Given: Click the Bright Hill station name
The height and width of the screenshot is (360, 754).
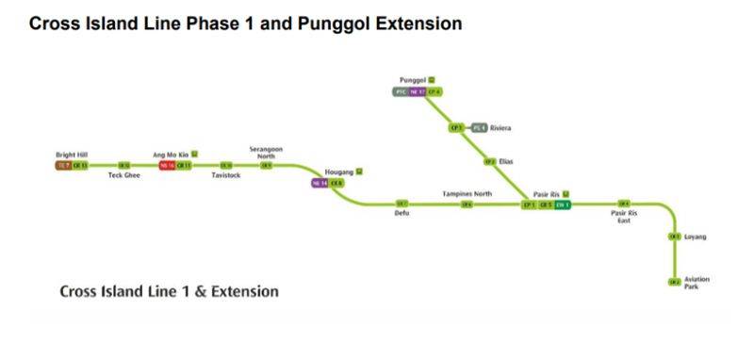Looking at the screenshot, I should click(x=72, y=155).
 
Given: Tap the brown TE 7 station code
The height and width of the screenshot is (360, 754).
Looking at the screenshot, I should click(x=63, y=165).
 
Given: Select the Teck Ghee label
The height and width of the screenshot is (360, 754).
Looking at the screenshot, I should click(x=123, y=175).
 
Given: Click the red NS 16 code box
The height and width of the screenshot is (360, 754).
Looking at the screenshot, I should click(x=168, y=165).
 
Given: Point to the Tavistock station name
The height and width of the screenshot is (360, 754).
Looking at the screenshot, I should click(x=226, y=175).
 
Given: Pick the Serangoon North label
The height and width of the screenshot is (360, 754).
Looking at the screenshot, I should click(x=266, y=152).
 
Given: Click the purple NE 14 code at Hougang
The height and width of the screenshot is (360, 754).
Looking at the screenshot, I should click(x=320, y=183).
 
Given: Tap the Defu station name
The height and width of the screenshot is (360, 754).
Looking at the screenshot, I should click(x=402, y=213).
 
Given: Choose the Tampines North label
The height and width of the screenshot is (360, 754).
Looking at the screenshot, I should click(x=467, y=193).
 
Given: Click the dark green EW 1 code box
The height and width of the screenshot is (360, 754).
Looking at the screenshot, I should click(x=563, y=204).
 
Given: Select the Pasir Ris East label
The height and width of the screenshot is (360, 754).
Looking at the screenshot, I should click(x=624, y=217).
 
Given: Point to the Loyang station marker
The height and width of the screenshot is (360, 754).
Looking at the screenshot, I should click(x=674, y=237).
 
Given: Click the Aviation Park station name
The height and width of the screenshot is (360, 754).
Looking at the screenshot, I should click(x=697, y=283).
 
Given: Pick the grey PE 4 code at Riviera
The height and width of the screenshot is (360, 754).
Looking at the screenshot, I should click(x=479, y=127).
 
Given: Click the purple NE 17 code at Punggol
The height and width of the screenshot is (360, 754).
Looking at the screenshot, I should click(x=418, y=91).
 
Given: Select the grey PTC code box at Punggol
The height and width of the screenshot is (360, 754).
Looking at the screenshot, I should click(x=401, y=91).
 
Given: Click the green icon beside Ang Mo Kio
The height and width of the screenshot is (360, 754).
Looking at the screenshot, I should click(x=195, y=154).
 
